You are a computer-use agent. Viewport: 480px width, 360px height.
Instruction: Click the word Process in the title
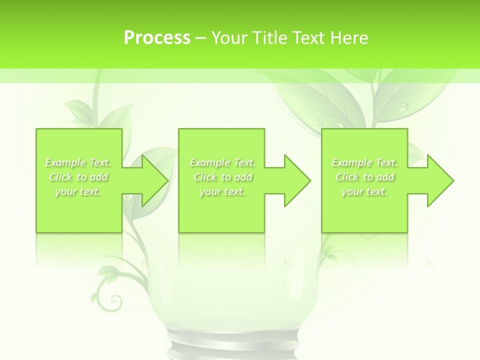(157, 38)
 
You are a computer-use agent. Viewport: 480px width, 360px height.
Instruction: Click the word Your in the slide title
(230, 38)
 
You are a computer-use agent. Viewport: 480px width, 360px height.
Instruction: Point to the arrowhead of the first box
(152, 180)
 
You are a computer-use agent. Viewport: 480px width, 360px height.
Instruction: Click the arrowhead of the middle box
(294, 180)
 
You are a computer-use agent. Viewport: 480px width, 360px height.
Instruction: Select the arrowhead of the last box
(437, 180)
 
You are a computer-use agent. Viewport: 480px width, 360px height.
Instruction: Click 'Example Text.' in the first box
(78, 162)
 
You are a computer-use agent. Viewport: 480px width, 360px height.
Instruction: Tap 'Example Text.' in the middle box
(222, 162)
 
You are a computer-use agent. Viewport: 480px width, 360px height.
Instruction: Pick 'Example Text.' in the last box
(364, 162)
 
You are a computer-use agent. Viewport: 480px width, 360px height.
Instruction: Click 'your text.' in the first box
(78, 191)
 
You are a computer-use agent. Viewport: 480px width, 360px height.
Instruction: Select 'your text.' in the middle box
(222, 191)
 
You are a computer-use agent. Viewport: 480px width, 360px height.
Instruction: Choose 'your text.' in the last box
(364, 191)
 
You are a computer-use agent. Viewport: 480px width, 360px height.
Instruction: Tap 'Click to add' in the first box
(78, 177)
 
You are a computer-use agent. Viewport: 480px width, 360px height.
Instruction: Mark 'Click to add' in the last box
(365, 177)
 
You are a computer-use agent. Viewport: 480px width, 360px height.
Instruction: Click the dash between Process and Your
(201, 38)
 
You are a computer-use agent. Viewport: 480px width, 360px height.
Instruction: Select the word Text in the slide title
(308, 38)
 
